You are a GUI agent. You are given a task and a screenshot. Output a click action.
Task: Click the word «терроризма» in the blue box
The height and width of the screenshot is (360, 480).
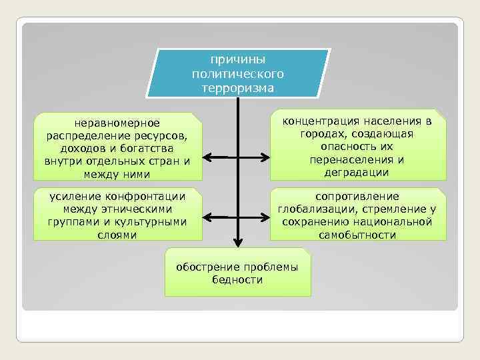[237, 87]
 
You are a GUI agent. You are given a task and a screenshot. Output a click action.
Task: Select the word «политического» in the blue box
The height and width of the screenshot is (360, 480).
[237, 73]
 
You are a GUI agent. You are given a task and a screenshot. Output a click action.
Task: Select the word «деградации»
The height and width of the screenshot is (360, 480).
[357, 173]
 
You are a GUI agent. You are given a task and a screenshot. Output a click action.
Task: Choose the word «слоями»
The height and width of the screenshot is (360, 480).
[117, 234]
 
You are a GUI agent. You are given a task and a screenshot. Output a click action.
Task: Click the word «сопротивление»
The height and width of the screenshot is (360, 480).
[357, 196]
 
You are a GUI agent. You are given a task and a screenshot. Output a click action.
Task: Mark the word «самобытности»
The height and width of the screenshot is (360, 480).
[357, 235]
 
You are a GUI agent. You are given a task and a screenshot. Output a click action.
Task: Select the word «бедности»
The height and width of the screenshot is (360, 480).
[237, 279]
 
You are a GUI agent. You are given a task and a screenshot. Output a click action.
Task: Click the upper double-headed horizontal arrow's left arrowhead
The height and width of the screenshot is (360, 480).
[207, 158]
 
